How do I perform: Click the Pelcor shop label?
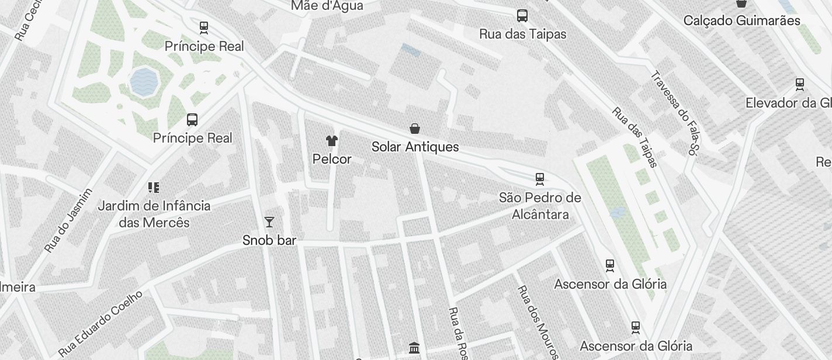[x=332, y=159]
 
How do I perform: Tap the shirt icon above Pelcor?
[x=332, y=140]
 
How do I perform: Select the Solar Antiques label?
[x=415, y=147]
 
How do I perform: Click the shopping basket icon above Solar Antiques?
[x=415, y=128]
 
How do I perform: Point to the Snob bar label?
[x=269, y=240]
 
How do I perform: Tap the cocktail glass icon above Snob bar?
[x=269, y=221]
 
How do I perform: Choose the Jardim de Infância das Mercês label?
[x=154, y=214]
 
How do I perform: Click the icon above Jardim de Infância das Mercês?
[x=154, y=188]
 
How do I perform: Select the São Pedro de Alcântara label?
[x=540, y=206]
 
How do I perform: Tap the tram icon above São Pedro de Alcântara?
[x=540, y=179]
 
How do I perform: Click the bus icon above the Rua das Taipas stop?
[x=522, y=16]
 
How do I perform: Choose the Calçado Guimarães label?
[x=741, y=20]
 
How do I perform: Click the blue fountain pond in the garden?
[x=144, y=82]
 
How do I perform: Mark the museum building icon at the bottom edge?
[x=414, y=348]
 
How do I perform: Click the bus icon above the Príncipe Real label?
[x=192, y=120]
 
